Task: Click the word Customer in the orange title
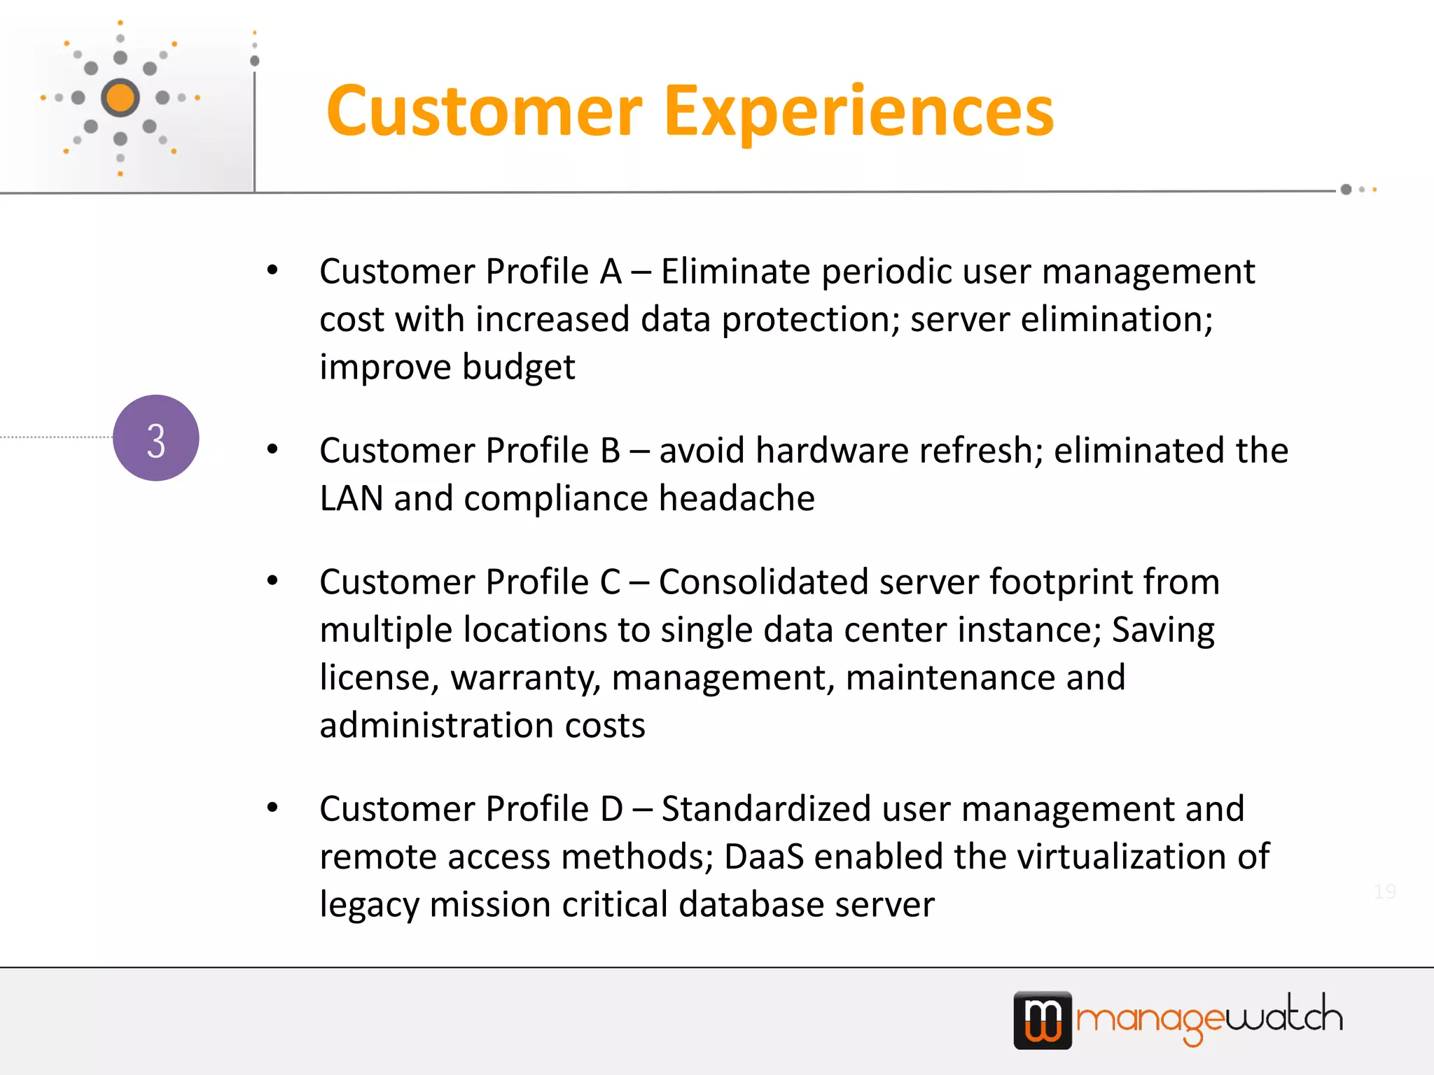click(x=484, y=112)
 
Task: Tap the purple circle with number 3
click(x=156, y=438)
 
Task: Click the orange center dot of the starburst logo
click(x=120, y=97)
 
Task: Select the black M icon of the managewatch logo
click(x=1043, y=1020)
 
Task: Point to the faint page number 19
click(x=1384, y=891)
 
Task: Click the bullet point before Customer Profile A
click(x=272, y=270)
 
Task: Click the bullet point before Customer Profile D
click(x=272, y=808)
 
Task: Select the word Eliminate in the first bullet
click(x=735, y=272)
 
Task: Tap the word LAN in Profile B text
click(x=351, y=499)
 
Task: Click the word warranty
click(x=525, y=678)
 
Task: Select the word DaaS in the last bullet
click(x=764, y=857)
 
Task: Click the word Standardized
click(x=765, y=809)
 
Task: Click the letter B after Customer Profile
click(x=610, y=451)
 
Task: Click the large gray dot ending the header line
click(x=1346, y=190)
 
